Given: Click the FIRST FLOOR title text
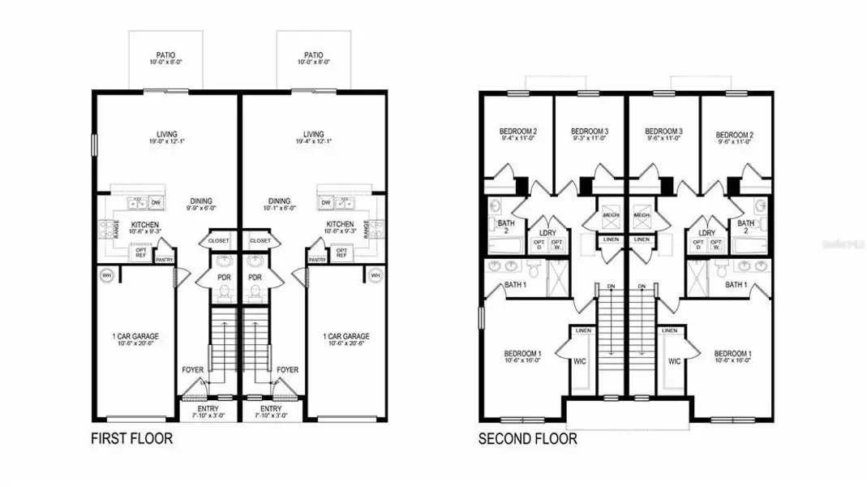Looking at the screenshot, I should pos(131,439).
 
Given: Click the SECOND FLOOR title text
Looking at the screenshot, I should pos(528,439).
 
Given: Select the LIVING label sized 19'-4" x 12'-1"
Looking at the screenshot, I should pos(313,135).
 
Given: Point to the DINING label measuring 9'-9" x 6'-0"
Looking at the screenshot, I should pos(201,201).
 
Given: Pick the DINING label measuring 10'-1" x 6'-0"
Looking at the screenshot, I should pos(279,201).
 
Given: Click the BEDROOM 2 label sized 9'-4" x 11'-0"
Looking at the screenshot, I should pos(519,131).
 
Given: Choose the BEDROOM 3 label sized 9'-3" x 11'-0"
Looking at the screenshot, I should pos(590,131).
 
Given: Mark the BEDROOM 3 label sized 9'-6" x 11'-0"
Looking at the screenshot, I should pos(663,131).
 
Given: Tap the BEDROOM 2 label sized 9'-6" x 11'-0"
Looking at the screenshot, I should pos(735,131).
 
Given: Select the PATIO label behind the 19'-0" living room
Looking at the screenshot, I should pos(166,55).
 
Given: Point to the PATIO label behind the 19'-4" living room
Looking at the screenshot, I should pos(313,55).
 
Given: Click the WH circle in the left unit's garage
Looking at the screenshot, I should pos(106,276).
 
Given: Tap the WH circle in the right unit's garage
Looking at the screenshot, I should pos(375,276).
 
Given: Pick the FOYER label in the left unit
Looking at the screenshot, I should pos(193,369).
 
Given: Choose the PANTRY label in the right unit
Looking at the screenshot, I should pos(317,260).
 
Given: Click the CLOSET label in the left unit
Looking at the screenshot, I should pos(219,241).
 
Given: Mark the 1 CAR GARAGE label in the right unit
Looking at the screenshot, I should pos(346,336).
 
